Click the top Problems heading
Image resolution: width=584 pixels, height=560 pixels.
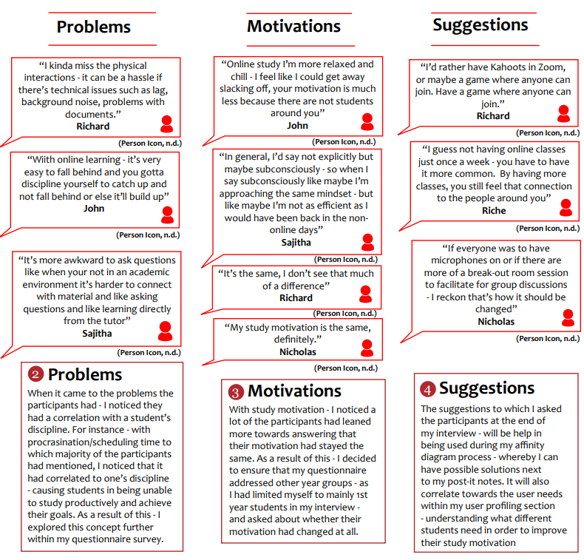94,27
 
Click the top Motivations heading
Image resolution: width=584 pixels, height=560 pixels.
293,26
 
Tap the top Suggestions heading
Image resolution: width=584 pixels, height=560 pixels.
480,24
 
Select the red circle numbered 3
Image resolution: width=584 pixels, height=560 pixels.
236,391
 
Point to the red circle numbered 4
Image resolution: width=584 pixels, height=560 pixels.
428,388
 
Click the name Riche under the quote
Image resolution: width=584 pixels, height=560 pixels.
494,211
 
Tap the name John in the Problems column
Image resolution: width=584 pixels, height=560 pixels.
94,209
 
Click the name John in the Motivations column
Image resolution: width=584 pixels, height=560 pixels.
297,126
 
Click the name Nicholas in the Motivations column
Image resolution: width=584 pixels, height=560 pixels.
297,351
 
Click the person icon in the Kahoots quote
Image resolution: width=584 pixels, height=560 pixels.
563,113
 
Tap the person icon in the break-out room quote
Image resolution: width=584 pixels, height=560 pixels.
568,317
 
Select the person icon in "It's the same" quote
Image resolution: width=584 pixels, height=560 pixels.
365,294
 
